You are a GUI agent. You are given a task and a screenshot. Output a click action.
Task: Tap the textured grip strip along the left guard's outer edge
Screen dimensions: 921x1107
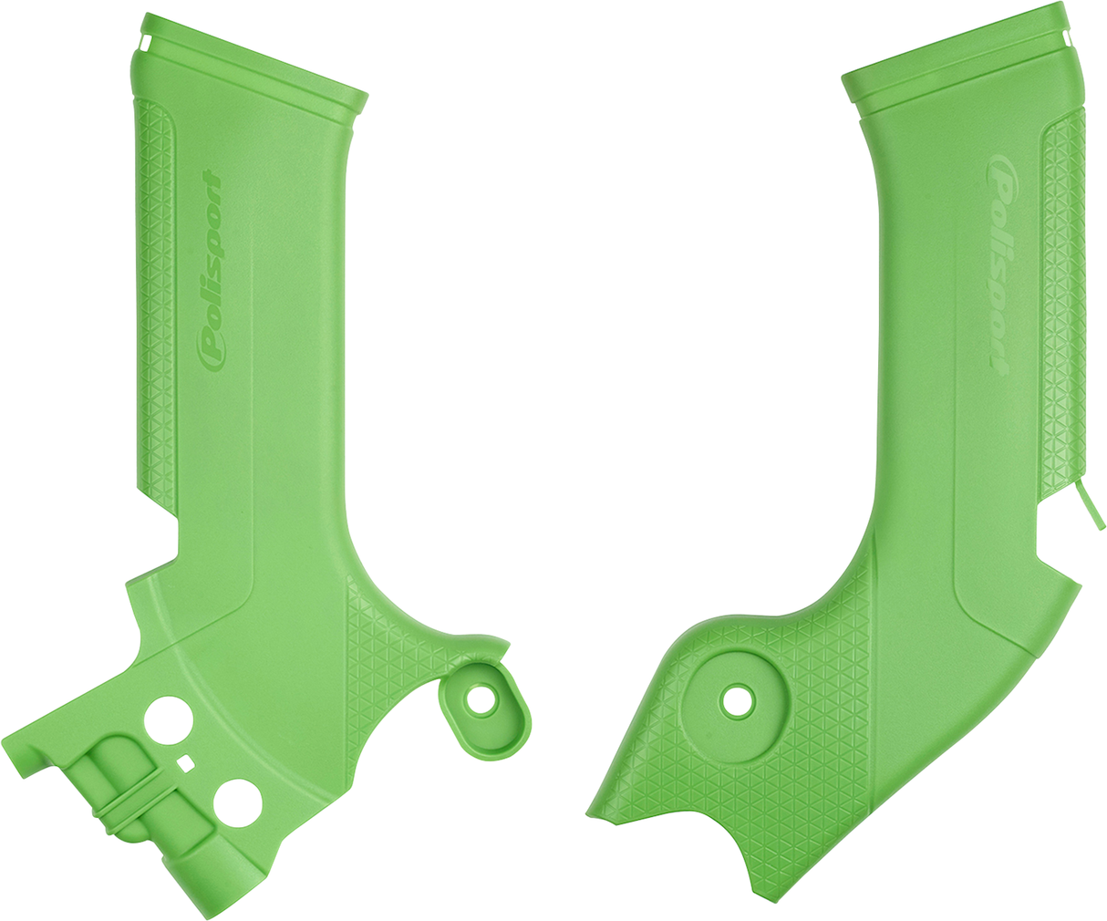click(x=156, y=301)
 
